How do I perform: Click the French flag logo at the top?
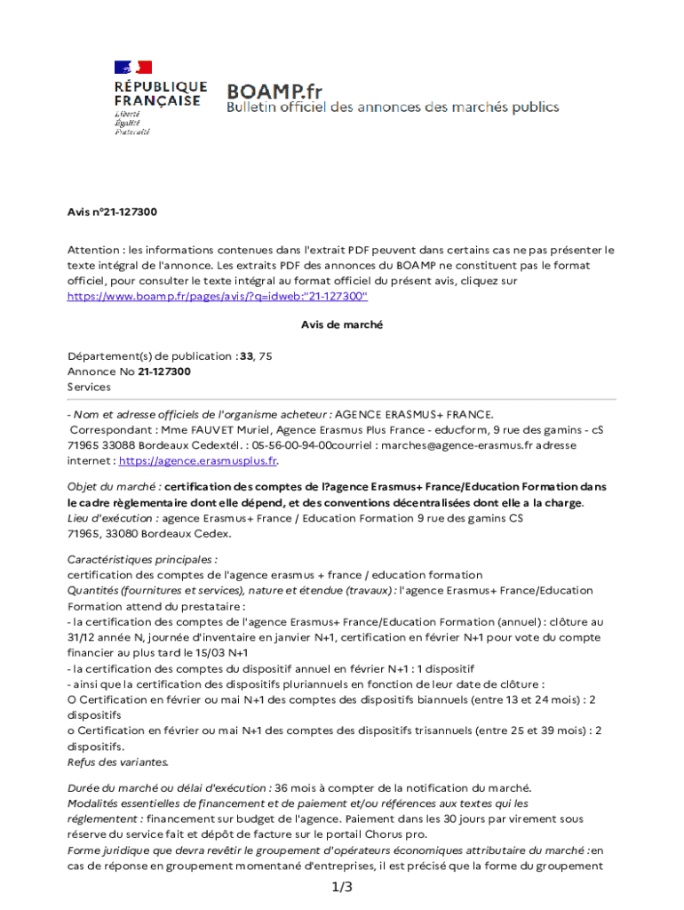point(132,67)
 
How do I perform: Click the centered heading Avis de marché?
point(342,325)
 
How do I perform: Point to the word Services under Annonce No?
point(89,387)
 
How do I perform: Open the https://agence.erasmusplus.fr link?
point(198,460)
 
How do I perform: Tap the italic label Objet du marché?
point(114,487)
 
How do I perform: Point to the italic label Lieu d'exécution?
point(113,518)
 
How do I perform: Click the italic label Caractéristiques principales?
point(142,560)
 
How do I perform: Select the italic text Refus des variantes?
point(117,762)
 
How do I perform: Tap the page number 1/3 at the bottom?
point(342,888)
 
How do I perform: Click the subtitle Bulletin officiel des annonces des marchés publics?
point(393,108)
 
